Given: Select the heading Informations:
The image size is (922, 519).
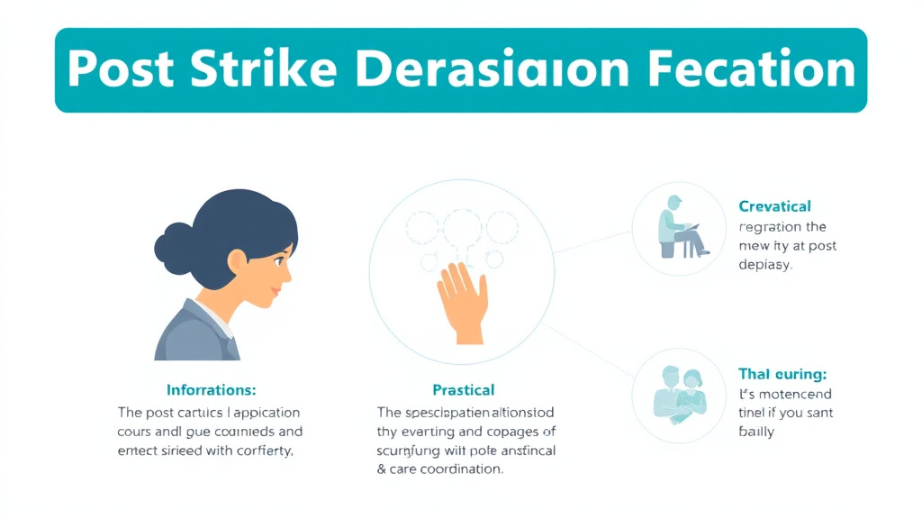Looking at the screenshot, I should [x=212, y=390].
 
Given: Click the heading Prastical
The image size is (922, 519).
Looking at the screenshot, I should [x=464, y=390].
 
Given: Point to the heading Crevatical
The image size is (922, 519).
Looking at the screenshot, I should [x=774, y=206].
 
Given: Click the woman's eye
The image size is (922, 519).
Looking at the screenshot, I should [x=276, y=260].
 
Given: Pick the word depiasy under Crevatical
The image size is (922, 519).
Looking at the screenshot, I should [x=765, y=266].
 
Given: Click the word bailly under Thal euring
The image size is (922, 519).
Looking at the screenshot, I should [x=756, y=432].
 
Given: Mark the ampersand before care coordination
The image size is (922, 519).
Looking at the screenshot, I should [x=382, y=469].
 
